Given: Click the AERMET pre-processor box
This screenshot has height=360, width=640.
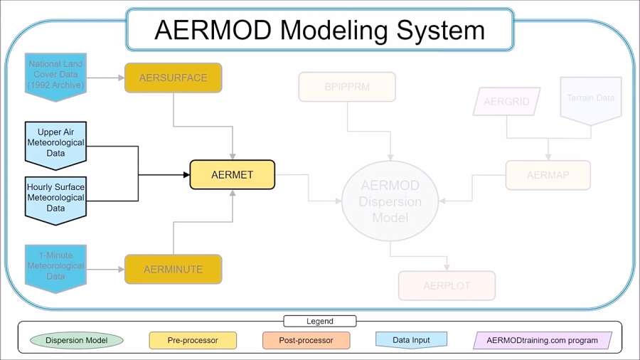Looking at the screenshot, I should pos(232,175).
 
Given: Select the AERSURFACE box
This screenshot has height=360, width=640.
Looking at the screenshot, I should pos(174,78).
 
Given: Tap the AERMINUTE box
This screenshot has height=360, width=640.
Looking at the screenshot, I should pos(174,270).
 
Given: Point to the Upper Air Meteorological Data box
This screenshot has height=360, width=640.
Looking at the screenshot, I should pos(55,142).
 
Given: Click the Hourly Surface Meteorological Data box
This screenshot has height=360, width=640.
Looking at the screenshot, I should pos(55,197).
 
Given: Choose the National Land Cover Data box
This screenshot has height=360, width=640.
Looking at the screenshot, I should pos(55,74).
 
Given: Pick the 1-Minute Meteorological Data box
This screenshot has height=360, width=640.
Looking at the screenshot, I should pos(55,265).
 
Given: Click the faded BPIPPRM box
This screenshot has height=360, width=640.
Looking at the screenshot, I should pos(347,88).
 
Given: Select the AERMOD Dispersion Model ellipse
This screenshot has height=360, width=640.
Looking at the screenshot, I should pos(390,201).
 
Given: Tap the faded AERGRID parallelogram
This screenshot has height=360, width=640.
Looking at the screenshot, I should pos(506,102).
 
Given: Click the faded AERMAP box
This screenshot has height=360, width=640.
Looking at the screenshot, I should pos(548,175).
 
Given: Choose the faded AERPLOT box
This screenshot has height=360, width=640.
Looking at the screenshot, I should pos(447,286).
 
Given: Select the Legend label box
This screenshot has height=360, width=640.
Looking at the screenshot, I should pos(319,322).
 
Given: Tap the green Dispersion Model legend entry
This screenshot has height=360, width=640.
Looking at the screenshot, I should pos(77,341).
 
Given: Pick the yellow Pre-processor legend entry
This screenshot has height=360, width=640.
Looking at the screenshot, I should pos(193,341).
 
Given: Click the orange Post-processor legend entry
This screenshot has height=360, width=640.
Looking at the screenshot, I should pos(306,341).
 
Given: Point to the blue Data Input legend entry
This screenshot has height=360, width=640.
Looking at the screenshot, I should pos(411,340).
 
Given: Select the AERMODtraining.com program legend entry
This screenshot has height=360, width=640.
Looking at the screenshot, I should pos(542,341).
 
